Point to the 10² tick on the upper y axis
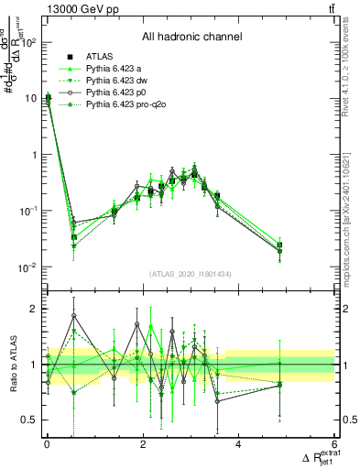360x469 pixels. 27,42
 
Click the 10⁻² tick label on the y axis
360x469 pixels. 27,267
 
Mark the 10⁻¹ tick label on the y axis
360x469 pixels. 27,211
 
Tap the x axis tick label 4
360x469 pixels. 238,444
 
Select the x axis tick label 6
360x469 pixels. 334,444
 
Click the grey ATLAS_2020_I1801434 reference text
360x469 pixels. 191,275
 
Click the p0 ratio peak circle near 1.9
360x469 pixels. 137,324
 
